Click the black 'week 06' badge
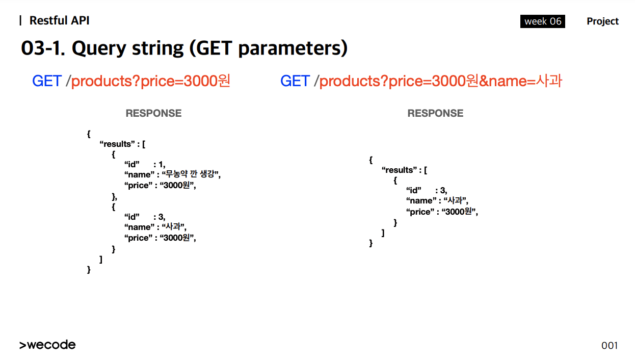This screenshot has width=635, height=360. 542,21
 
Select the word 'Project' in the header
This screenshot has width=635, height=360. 602,21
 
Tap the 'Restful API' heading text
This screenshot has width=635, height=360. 59,20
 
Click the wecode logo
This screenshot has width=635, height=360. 47,344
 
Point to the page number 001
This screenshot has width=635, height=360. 610,346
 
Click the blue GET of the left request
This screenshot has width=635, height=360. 47,81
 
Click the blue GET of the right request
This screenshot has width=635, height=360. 295,81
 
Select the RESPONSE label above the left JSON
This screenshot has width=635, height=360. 153,113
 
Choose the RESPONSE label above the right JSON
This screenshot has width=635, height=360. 435,113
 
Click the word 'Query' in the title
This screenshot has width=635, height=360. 99,48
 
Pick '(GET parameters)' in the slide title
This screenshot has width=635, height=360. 268,48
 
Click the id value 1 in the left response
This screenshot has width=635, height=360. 161,165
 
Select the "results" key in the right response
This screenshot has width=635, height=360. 398,170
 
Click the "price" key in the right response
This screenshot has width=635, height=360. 420,212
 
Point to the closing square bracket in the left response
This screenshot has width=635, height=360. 101,259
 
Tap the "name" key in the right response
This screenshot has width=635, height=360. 421,201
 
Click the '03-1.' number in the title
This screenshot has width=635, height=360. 43,48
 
